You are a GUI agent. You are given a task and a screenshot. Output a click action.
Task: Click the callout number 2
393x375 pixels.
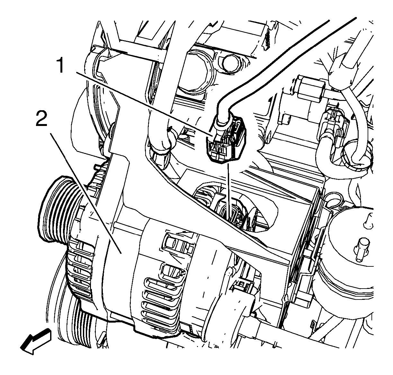point(41,119)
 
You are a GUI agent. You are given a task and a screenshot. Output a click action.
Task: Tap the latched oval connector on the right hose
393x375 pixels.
point(336,128)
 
